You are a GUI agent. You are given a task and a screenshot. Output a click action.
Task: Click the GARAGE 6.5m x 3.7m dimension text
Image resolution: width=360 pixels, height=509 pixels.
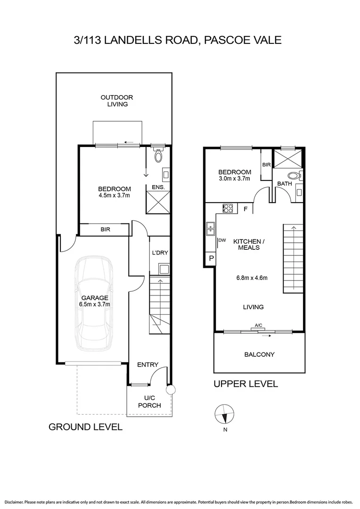coord(95,304)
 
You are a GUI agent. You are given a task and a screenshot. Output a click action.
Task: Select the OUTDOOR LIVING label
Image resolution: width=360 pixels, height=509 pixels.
coord(117,101)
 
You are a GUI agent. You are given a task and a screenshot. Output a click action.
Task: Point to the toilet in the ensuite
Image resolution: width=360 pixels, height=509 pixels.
coord(158,156)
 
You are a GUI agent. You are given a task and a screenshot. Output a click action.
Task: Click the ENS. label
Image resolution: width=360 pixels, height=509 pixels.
coord(157,188)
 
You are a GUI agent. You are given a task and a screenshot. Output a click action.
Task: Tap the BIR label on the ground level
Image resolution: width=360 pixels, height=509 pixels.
coord(105,230)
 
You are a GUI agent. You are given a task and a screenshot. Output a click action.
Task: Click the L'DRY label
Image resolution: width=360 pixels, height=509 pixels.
coord(159,253)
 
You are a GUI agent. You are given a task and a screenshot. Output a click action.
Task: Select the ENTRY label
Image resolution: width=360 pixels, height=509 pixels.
coord(147,365)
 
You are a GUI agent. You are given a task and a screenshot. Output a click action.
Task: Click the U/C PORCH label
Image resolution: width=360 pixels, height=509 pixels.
coord(149,402)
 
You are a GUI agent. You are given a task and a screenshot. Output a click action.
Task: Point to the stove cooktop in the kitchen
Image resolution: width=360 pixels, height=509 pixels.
coord(229,208)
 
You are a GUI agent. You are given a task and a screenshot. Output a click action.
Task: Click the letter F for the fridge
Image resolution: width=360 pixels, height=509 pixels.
coord(246,208)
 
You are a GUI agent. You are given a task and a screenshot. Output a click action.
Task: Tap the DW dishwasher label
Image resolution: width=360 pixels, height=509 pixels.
coord(223,240)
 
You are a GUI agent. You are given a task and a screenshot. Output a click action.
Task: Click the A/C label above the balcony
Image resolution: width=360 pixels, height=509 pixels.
coord(258,325)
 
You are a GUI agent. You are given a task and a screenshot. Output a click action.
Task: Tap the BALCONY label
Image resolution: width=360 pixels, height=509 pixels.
coord(259,354)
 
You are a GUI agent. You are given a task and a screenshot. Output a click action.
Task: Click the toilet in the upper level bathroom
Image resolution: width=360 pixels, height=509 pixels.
coord(294,176)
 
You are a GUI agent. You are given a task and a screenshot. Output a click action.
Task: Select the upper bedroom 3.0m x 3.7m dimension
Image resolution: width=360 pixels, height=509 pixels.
coord(234,179)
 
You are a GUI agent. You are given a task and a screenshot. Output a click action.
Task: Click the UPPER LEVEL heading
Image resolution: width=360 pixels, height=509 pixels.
coord(245,384)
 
